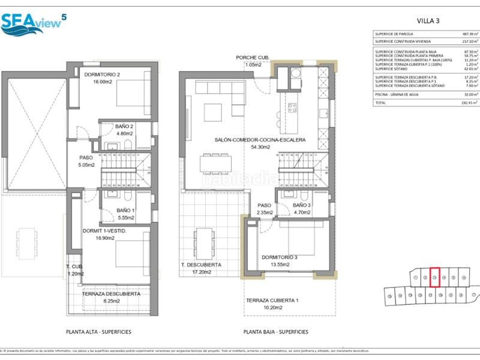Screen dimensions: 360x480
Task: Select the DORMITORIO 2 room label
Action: (x=102, y=74)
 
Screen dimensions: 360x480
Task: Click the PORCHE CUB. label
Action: (x=253, y=58)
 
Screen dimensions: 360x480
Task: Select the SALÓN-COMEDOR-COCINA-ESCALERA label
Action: (x=260, y=140)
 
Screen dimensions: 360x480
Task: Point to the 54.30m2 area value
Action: (x=260, y=147)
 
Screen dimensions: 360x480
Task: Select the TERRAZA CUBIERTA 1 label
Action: (x=272, y=299)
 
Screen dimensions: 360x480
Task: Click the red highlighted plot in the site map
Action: (x=436, y=278)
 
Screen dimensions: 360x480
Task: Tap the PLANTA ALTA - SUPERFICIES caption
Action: (x=98, y=331)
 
